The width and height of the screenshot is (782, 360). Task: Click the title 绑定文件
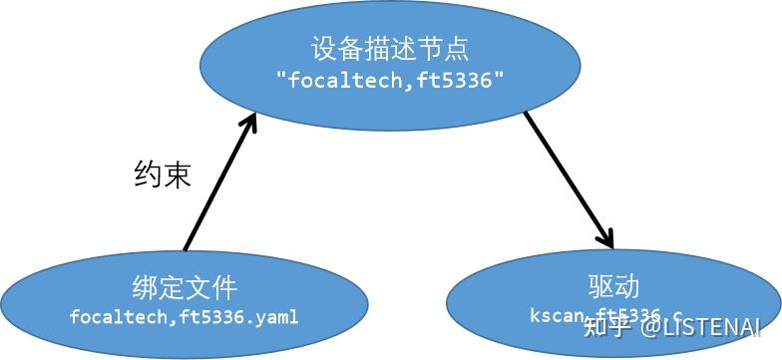(184, 288)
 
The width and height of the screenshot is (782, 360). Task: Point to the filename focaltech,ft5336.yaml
(184, 317)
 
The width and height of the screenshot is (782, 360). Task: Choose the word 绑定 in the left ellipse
(156, 288)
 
